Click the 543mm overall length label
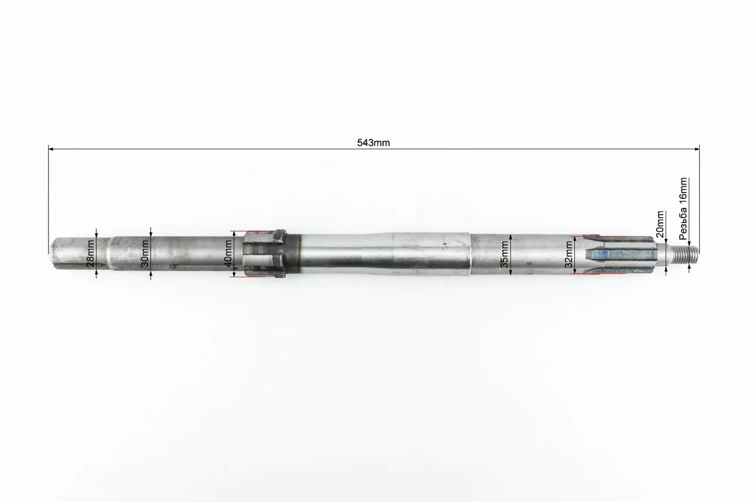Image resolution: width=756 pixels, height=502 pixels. [x=373, y=143]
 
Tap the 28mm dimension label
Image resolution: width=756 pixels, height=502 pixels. [x=91, y=253]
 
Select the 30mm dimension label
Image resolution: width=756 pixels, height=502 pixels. [x=145, y=254]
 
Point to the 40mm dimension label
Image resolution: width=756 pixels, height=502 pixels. [x=228, y=254]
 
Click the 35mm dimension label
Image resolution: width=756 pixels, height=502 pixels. [x=504, y=254]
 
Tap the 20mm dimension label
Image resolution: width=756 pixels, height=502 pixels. [x=660, y=224]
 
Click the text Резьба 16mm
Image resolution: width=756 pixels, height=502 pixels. [x=683, y=208]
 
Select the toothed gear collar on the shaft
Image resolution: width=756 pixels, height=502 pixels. [x=264, y=254]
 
